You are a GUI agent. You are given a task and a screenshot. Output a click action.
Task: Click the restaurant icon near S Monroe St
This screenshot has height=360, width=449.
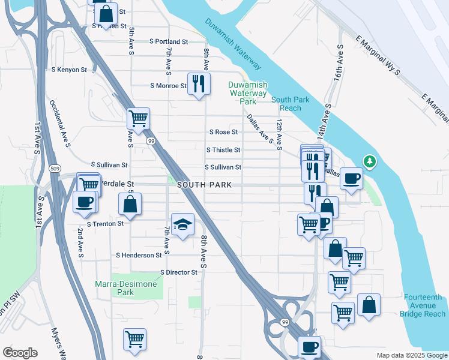(197, 83)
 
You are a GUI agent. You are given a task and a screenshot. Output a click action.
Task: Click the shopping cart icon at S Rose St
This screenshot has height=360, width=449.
(138, 118)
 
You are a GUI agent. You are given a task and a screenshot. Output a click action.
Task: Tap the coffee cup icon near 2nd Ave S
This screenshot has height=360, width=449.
(85, 201)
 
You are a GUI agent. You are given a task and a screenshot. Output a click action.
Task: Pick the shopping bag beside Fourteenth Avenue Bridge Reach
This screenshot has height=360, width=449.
(369, 304)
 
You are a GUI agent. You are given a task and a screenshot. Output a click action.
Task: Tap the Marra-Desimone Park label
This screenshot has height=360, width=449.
(126, 288)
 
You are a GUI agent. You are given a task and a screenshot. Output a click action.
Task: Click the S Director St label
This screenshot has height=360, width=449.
(179, 272)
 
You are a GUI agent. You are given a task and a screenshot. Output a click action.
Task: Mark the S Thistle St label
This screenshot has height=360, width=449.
(223, 150)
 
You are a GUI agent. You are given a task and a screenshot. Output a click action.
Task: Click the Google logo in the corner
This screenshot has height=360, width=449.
(20, 353)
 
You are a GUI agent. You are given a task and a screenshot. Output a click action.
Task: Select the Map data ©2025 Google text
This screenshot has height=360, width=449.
(411, 355)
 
